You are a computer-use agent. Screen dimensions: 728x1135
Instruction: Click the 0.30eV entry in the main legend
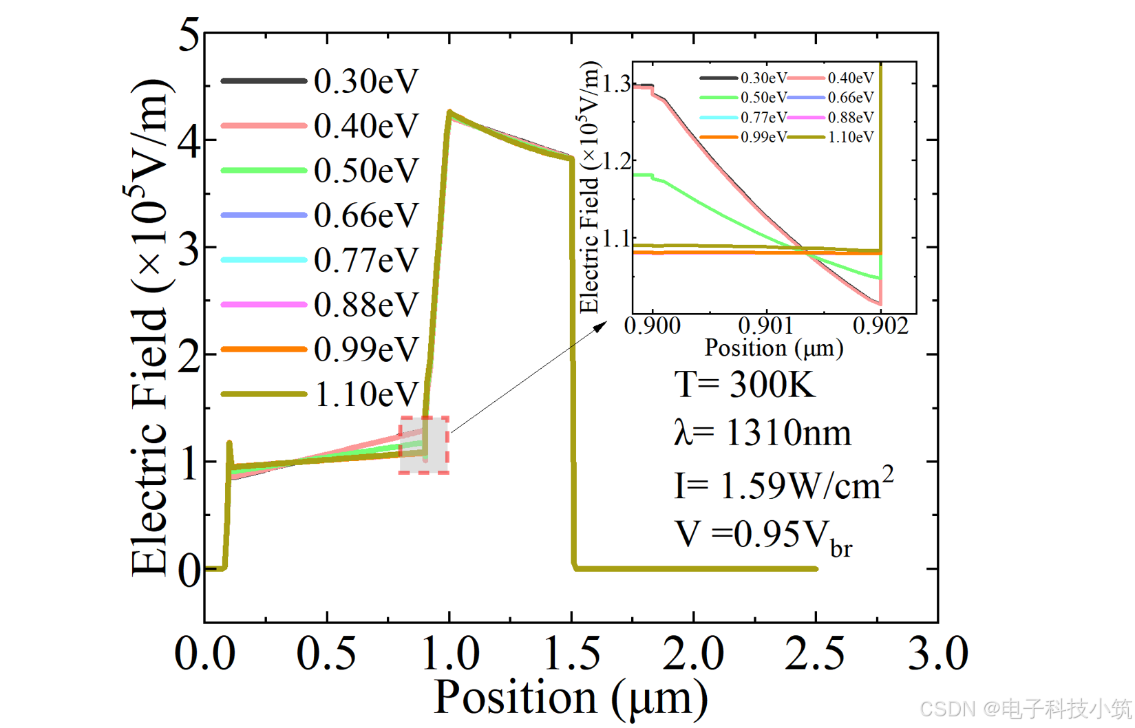click(x=365, y=81)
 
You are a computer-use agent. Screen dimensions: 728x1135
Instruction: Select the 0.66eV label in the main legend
click(x=365, y=215)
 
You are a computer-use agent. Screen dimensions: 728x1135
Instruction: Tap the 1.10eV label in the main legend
click(x=365, y=394)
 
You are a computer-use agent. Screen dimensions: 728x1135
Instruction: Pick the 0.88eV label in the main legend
click(x=365, y=305)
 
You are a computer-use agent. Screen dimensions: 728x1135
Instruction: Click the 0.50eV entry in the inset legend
click(x=763, y=98)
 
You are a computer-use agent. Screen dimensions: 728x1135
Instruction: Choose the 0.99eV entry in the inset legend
click(x=763, y=137)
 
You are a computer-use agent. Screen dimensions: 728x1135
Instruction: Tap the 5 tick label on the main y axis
click(x=189, y=34)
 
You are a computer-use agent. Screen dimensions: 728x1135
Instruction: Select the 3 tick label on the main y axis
click(x=189, y=249)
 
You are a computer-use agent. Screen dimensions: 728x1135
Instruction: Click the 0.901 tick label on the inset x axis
click(x=766, y=325)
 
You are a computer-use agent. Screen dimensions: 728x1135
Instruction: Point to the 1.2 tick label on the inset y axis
click(x=617, y=162)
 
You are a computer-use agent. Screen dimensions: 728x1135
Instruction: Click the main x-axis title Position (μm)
click(x=571, y=698)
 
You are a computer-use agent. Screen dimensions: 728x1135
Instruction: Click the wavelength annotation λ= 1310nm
click(x=763, y=433)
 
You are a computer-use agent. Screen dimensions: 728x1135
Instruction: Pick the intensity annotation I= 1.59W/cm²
click(x=783, y=484)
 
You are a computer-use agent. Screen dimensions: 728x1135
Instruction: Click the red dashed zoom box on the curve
click(x=424, y=445)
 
